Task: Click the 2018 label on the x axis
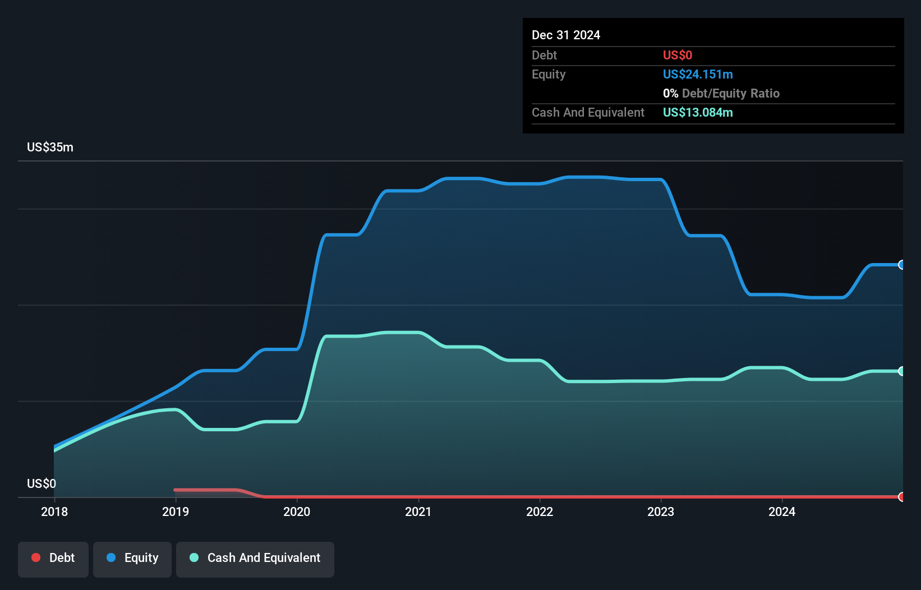pos(54,511)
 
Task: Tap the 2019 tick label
pos(176,511)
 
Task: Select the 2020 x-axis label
pos(297,511)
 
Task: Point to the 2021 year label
pos(418,511)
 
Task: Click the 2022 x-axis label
pos(540,511)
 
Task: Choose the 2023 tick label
pos(661,511)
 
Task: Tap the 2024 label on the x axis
pos(782,511)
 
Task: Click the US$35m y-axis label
pos(50,147)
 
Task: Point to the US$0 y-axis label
pos(42,483)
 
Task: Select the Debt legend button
pos(53,558)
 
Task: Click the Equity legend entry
pos(132,558)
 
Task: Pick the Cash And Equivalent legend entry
pos(255,558)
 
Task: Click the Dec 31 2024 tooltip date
pos(566,35)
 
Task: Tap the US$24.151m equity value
pos(698,75)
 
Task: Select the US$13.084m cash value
pos(698,113)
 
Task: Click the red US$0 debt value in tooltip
pos(678,55)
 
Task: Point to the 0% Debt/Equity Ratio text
pos(721,94)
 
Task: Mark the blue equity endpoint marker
pos(901,265)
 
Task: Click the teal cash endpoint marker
pos(901,371)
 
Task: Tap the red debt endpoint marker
pos(901,497)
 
